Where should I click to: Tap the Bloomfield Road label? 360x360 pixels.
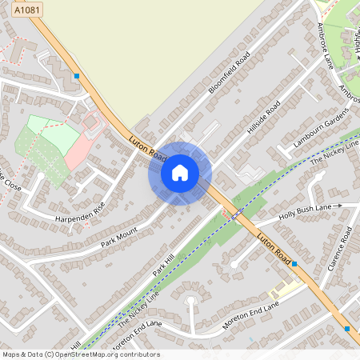[x=230, y=73]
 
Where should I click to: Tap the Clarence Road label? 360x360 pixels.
[x=339, y=248]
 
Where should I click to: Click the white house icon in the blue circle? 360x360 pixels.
[x=180, y=173]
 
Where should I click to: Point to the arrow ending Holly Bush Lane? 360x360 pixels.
[x=338, y=206]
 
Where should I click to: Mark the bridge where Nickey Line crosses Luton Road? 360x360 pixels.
[x=235, y=214]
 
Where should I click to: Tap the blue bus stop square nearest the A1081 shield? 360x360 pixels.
[x=77, y=76]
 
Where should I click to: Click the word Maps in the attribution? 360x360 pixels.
[x=11, y=354]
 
